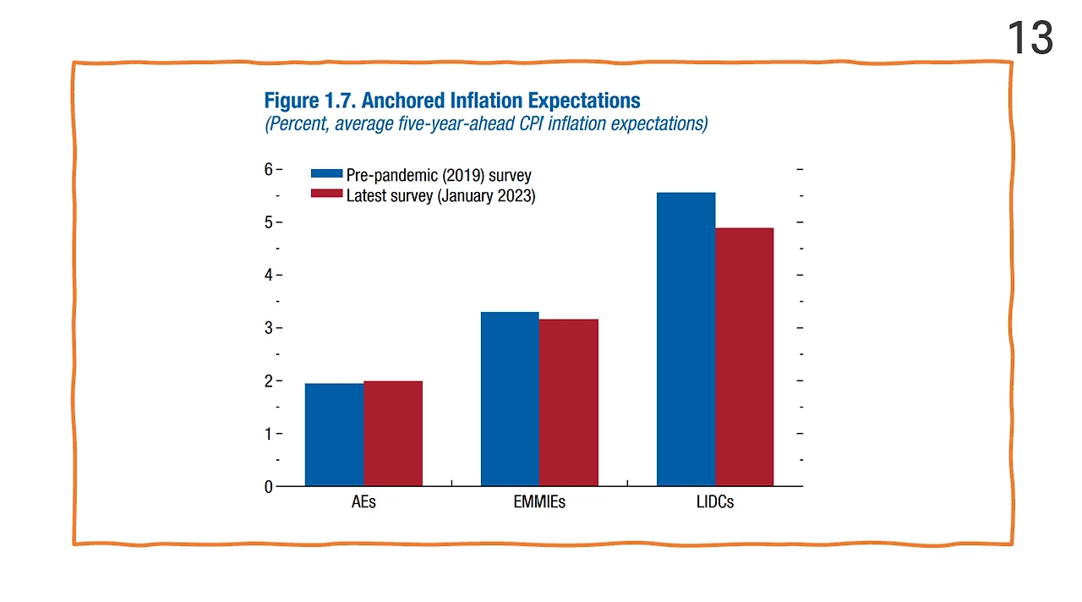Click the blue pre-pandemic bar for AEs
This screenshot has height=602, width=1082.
(x=334, y=435)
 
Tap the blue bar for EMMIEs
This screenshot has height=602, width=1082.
(x=510, y=399)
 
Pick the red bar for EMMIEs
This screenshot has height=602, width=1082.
(x=568, y=402)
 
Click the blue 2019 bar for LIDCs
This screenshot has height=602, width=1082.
(x=686, y=339)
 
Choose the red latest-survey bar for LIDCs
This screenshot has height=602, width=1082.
(x=744, y=357)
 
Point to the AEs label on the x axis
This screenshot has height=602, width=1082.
(x=363, y=501)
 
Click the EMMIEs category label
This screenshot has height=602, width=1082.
(x=539, y=501)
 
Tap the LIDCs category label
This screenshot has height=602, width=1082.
(x=714, y=501)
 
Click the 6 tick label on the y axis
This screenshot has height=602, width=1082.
(x=268, y=169)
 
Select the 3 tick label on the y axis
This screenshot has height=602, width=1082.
(x=268, y=328)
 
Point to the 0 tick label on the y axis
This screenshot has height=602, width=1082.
(x=268, y=487)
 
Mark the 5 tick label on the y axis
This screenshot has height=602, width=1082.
(x=268, y=222)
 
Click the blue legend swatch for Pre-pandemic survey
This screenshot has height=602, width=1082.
(x=326, y=173)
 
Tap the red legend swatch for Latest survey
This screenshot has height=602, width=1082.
(x=326, y=194)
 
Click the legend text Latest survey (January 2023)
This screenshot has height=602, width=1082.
(x=440, y=195)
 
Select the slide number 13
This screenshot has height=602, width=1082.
(x=1030, y=39)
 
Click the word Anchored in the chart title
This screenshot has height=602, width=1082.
(x=402, y=101)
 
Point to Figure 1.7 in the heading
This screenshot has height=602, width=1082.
(x=309, y=101)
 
